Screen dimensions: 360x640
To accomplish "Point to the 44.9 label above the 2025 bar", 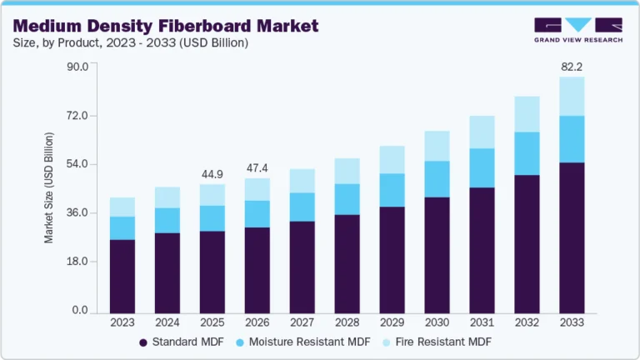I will click(212, 174).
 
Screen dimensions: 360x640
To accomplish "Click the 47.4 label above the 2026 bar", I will click(257, 167).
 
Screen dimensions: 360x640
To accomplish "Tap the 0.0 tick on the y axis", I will click(81, 311).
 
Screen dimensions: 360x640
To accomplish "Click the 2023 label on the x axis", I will click(122, 322).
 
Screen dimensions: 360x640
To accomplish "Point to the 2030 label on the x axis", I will click(436, 322).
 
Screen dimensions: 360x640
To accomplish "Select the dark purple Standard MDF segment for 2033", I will click(571, 237).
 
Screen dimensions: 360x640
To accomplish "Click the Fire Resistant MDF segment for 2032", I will click(526, 114).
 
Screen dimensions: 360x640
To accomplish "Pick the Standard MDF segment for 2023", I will click(122, 276).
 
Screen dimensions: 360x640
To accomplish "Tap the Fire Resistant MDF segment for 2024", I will click(167, 197).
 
